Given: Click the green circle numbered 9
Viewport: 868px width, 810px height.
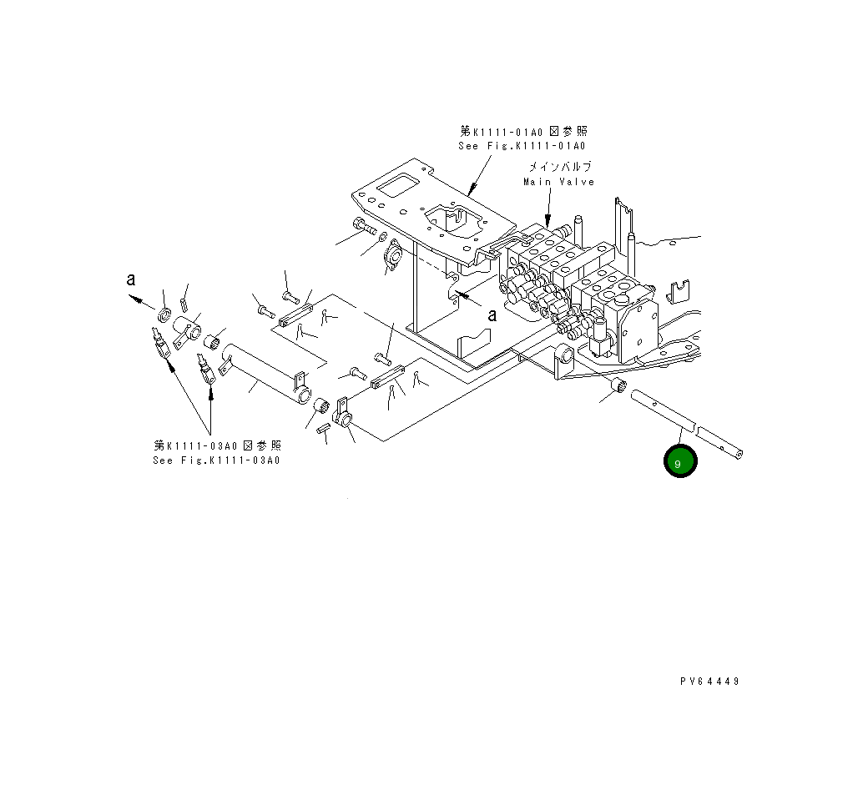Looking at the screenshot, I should (x=680, y=461).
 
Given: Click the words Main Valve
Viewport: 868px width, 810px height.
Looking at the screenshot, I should (x=558, y=182).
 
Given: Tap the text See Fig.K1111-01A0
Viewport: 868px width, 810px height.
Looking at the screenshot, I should (x=523, y=146).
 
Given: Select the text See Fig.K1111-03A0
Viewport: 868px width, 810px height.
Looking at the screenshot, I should (x=217, y=460).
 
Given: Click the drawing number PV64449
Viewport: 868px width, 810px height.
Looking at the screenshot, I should (x=709, y=681).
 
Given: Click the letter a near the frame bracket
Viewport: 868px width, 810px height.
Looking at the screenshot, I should (x=492, y=314).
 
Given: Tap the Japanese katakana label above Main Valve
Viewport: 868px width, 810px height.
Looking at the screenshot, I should (x=558, y=166).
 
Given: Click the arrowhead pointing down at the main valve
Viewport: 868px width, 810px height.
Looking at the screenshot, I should (x=548, y=219).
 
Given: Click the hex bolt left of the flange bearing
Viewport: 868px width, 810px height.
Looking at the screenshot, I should (x=361, y=225).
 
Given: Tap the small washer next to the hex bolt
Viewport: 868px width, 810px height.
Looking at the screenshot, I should (x=382, y=237).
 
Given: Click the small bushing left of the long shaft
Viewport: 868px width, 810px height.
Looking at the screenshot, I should (x=618, y=385).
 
